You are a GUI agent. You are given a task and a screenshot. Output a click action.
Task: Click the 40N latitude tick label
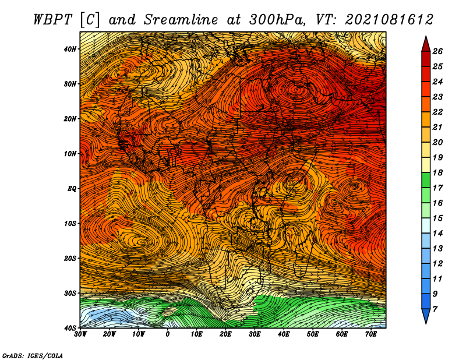tap(69, 49)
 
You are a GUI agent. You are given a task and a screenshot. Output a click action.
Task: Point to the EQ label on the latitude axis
tap(72, 189)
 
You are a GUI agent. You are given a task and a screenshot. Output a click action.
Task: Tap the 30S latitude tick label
tap(69, 294)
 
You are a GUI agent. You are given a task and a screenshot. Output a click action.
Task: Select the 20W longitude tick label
tap(110, 334)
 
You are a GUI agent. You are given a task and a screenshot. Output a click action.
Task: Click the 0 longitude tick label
tap(168, 334)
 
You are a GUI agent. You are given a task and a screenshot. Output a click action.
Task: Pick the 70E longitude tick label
tap(371, 334)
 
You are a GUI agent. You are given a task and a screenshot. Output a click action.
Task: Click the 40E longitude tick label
tap(284, 334)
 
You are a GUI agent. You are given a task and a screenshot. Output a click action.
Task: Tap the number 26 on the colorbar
tap(437, 51)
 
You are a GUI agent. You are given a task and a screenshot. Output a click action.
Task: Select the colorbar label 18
tap(437, 172)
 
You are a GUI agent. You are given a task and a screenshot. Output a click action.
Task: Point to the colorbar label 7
tap(435, 309)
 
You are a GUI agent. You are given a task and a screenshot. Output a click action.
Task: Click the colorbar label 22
tap(437, 112)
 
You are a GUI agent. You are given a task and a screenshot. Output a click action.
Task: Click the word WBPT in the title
tap(52, 20)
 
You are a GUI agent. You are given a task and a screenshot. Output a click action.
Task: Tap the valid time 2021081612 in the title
tap(389, 20)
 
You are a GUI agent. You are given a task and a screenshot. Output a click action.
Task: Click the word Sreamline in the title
tap(181, 20)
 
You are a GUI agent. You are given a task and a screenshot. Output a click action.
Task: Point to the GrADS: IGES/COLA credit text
tap(33, 355)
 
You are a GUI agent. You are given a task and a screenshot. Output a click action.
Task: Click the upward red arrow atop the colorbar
tap(426, 44)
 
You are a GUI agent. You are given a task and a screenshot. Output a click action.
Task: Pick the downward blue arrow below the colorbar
tap(426, 316)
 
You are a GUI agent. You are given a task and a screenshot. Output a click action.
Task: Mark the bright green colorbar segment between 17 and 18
tap(426, 180)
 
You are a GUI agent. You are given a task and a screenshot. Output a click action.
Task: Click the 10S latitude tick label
tap(69, 224)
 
